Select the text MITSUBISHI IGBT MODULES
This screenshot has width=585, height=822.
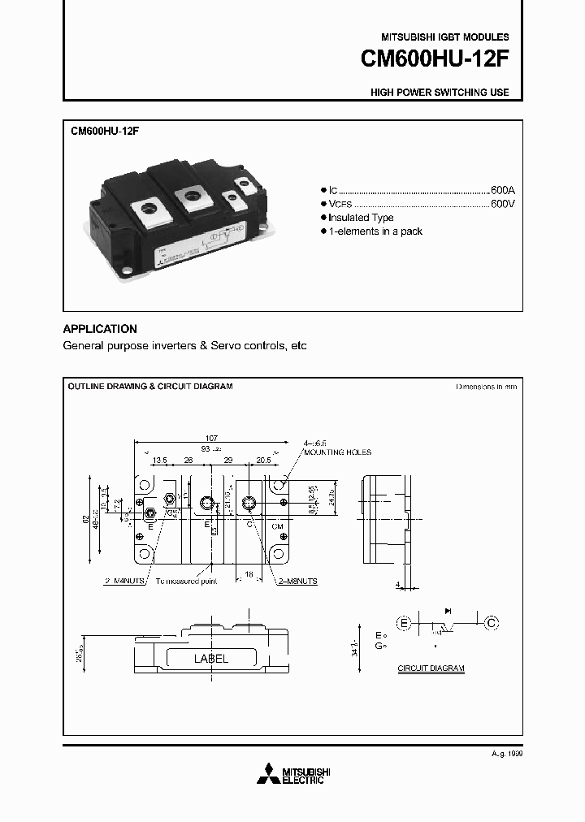click(x=445, y=37)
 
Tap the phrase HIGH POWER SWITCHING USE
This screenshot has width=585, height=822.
click(x=440, y=93)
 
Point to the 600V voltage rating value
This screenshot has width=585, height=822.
click(x=503, y=202)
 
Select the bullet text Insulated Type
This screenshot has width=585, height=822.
click(x=361, y=218)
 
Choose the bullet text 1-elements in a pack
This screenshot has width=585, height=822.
click(x=375, y=231)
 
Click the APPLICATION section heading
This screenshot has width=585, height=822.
click(x=100, y=329)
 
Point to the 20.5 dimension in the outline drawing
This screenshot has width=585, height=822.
click(x=264, y=460)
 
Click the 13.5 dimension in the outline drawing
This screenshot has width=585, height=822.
click(x=159, y=460)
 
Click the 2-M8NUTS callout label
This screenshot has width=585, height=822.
click(x=297, y=582)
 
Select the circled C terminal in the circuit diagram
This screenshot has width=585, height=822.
click(x=491, y=623)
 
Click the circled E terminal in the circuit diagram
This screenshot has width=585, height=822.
click(x=404, y=623)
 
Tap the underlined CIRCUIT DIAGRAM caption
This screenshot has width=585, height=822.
click(x=431, y=668)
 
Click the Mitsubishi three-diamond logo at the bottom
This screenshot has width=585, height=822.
click(x=266, y=775)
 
